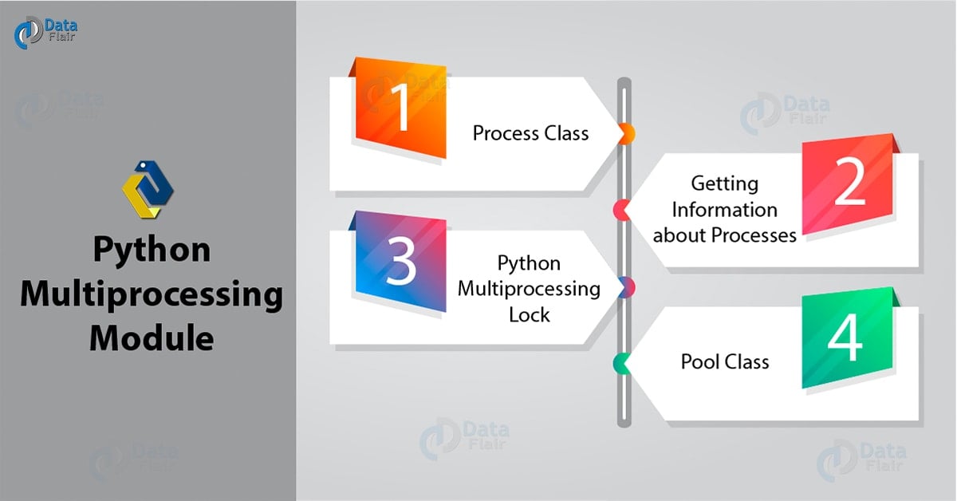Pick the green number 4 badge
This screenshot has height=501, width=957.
point(845,341)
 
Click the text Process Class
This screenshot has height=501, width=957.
point(530,132)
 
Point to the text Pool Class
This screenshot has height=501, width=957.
point(725,361)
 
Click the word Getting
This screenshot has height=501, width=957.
point(724,183)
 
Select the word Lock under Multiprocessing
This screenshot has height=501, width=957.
point(530,314)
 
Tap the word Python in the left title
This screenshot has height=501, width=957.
point(152,250)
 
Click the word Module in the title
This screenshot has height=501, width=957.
point(152,338)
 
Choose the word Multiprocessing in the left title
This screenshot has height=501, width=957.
point(152,294)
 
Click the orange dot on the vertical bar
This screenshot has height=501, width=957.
point(627,133)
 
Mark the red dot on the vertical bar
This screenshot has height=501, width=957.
point(621,210)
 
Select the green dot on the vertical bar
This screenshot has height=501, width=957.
point(621,364)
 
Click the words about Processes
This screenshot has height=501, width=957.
point(724,235)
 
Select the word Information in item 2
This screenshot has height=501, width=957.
point(724,210)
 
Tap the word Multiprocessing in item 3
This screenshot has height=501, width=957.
point(529,288)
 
